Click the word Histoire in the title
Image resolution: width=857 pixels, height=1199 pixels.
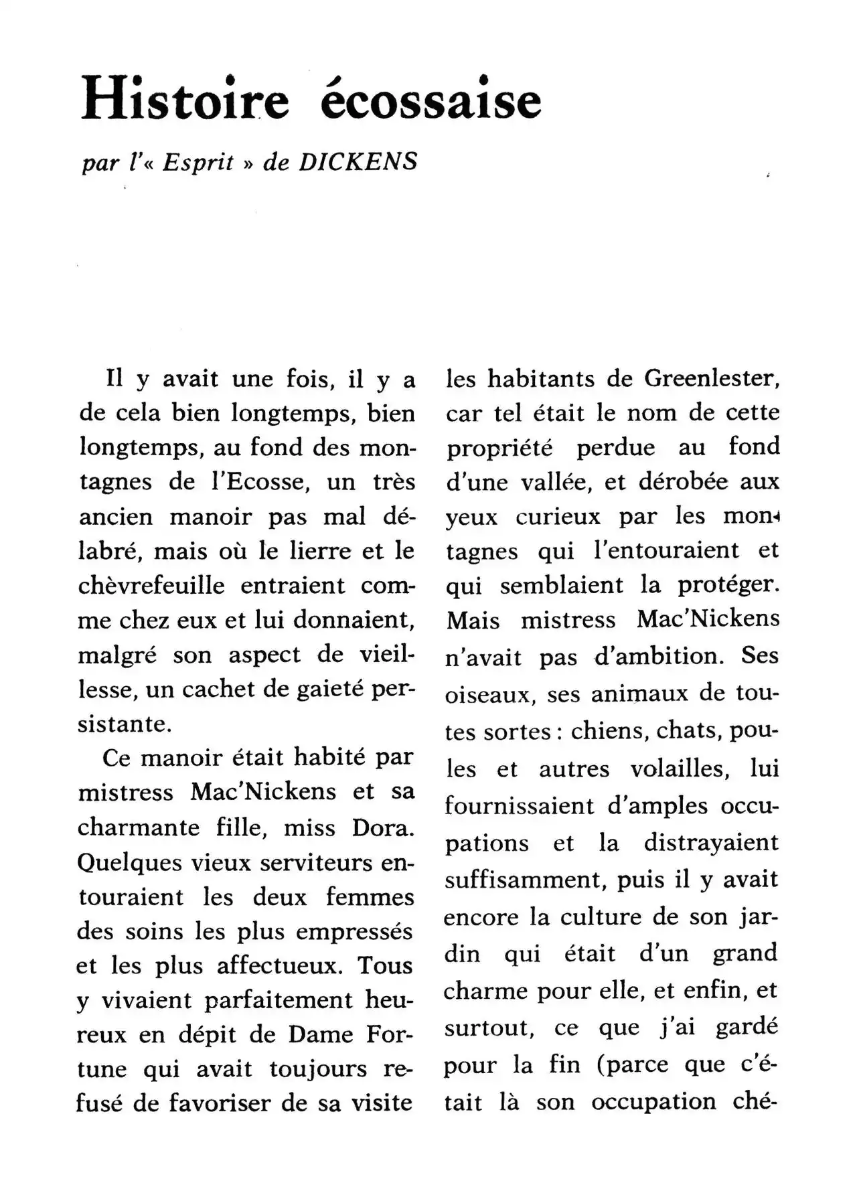(185, 99)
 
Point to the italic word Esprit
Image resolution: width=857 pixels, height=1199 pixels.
(198, 163)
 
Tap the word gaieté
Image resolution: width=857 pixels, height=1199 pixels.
(324, 689)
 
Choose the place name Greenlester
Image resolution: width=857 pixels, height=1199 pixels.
(712, 379)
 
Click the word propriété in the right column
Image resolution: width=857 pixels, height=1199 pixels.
(499, 448)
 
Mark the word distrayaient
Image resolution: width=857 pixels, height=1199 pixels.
(711, 842)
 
